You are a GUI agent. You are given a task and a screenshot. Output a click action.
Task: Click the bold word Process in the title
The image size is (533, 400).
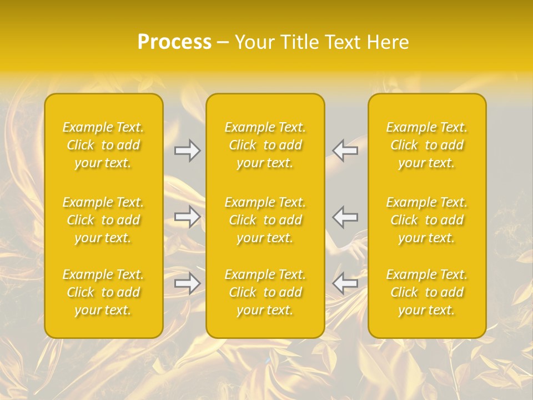tap(174, 42)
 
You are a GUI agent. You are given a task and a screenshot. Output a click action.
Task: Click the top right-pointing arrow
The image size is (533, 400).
tap(187, 151)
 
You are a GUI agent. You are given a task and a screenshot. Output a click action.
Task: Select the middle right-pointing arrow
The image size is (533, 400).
tap(187, 217)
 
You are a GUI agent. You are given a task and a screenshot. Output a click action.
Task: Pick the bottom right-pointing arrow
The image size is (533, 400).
tap(187, 283)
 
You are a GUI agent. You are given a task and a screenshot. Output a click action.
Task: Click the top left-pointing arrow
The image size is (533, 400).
tap(345, 151)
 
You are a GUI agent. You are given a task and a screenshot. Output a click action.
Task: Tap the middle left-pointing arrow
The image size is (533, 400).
tap(345, 217)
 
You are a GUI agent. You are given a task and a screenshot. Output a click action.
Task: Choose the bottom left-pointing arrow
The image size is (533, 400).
tap(345, 283)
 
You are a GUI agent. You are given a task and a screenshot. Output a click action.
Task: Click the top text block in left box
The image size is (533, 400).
tap(103, 145)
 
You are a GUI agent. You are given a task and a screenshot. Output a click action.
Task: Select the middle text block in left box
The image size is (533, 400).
tap(103, 220)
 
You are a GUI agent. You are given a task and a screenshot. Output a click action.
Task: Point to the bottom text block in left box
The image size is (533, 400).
tap(103, 292)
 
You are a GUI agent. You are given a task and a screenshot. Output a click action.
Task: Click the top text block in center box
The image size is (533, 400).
tap(265, 145)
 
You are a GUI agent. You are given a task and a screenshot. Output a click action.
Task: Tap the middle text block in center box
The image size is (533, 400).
tap(265, 220)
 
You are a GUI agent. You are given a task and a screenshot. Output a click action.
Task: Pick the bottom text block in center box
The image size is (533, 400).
tap(265, 292)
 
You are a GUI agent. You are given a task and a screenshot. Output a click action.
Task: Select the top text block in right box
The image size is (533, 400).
tap(427, 145)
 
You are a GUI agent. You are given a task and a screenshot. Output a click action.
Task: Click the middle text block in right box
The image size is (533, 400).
tap(427, 220)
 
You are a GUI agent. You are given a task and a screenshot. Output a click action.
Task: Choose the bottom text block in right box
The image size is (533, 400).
tap(427, 292)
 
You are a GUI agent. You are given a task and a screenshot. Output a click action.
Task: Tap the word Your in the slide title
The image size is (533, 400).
tap(253, 42)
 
